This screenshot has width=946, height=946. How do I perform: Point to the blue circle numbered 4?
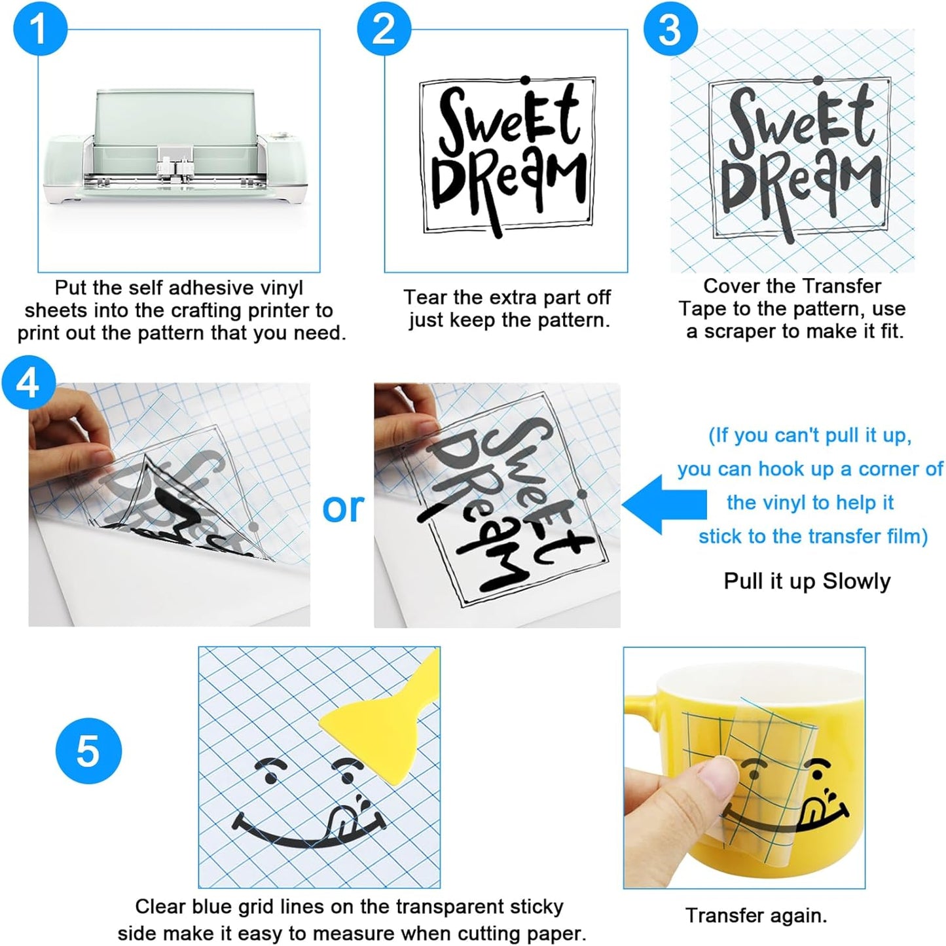28,382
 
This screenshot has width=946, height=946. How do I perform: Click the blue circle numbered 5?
88,751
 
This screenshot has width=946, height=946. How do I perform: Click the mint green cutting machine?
177,147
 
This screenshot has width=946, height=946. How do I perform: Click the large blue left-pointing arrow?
664,504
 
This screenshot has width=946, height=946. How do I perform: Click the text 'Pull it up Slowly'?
807,581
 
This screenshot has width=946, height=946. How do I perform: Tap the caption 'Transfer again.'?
757,915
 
